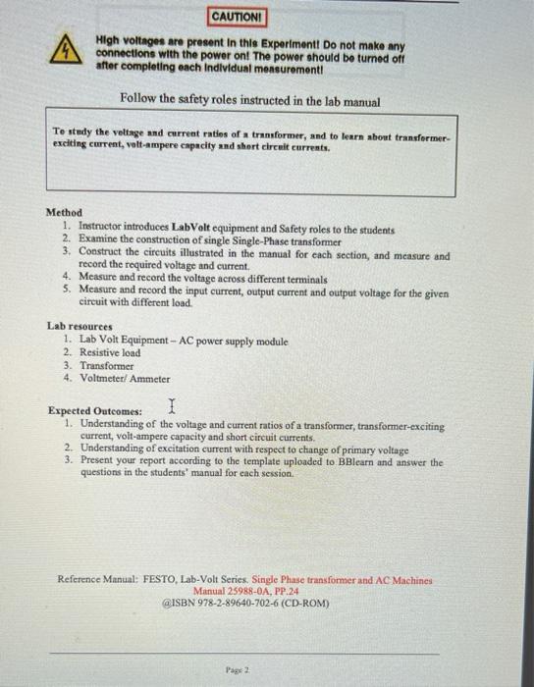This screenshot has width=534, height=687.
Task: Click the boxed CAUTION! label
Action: pos(238,18)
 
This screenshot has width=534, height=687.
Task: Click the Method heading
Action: pos(64,212)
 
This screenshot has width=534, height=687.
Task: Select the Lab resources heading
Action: pos(80,326)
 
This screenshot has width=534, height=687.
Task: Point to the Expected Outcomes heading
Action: pos(95,411)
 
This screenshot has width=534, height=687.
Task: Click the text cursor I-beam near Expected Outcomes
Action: pos(172,404)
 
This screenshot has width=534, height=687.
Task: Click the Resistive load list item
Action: pos(110,352)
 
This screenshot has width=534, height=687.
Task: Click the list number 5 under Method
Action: pos(65,291)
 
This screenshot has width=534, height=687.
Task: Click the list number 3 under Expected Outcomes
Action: pos(68,460)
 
